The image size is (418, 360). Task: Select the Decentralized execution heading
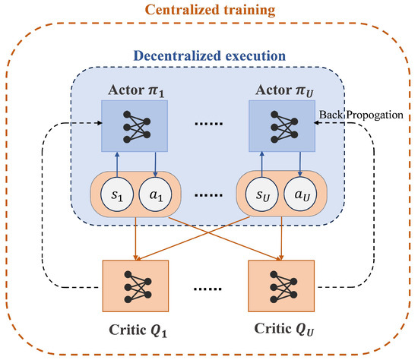click(x=210, y=55)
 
